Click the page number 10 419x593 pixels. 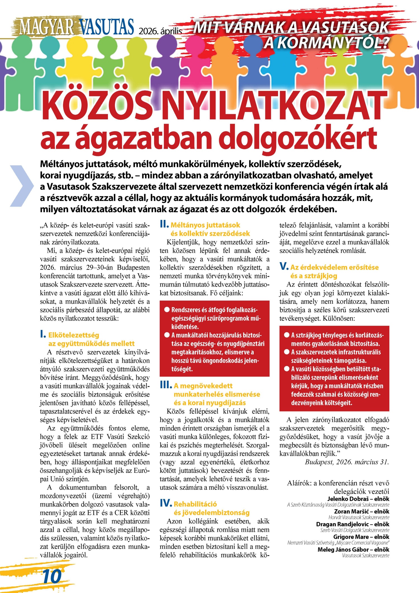click(x=52, y=576)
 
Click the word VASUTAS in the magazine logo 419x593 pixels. click(x=106, y=27)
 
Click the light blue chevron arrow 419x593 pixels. click(x=22, y=186)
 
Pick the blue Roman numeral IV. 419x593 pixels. click(x=166, y=503)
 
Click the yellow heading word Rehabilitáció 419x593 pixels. click(x=195, y=504)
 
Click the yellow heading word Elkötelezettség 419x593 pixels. click(x=74, y=335)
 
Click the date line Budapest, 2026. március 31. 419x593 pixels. click(x=347, y=462)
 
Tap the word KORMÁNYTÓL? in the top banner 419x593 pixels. click(x=326, y=43)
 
